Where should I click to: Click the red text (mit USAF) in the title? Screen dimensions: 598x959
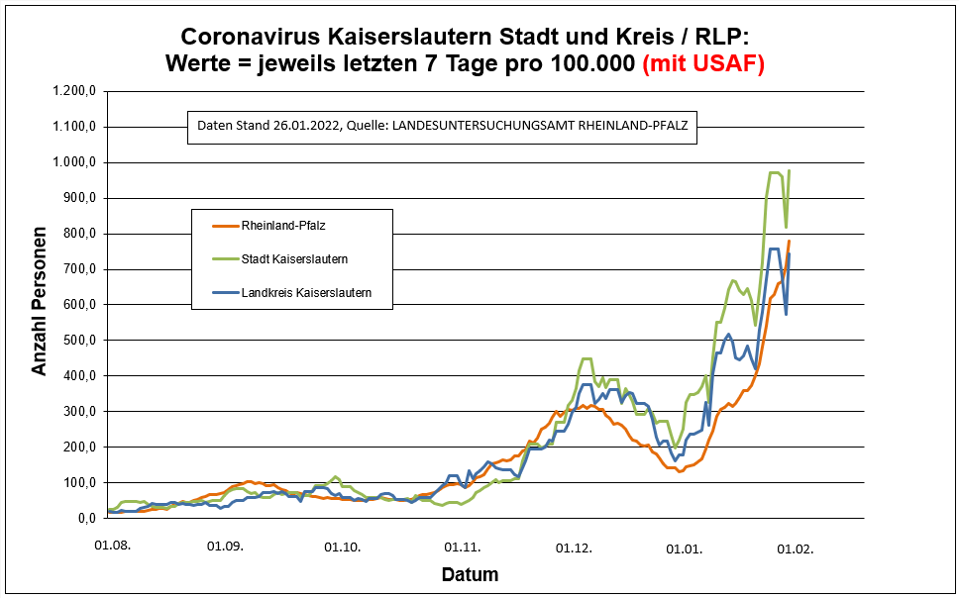pyautogui.click(x=703, y=63)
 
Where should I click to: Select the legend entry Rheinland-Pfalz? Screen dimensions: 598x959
pyautogui.click(x=282, y=226)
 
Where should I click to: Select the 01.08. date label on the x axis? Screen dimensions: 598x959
pyautogui.click(x=112, y=546)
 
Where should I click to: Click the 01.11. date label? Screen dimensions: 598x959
pyautogui.click(x=462, y=546)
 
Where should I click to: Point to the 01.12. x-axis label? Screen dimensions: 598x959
pyautogui.click(x=574, y=546)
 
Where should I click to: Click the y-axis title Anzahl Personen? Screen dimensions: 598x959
pyautogui.click(x=40, y=305)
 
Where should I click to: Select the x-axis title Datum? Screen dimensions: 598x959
pyautogui.click(x=470, y=574)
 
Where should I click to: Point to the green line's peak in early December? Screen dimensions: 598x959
pyautogui.click(x=586, y=358)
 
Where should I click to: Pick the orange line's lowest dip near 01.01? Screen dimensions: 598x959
pyautogui.click(x=680, y=471)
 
